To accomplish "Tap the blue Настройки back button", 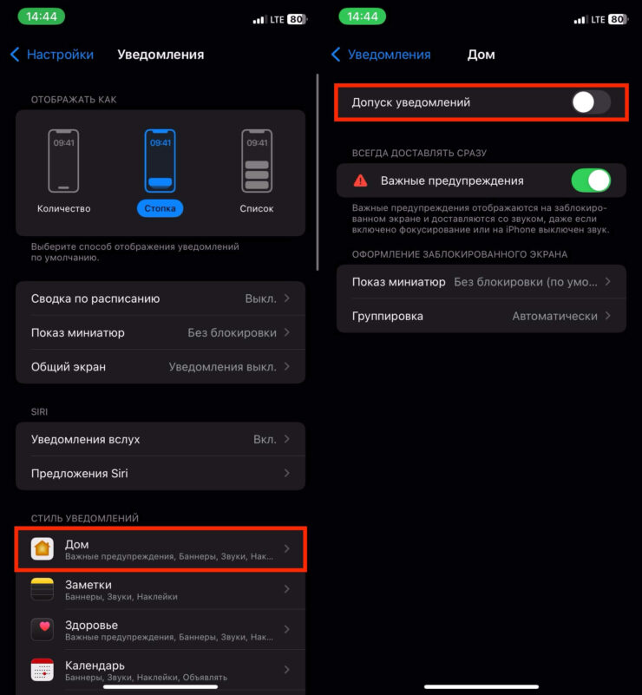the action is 52,55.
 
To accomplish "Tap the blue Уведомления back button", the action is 381,55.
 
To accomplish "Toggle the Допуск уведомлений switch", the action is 591,102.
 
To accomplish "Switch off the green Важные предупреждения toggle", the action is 591,180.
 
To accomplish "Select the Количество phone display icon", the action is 63,161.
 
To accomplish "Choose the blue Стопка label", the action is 160,208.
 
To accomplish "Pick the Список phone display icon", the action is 257,161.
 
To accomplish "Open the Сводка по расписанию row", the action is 160,298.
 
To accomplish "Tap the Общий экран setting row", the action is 160,366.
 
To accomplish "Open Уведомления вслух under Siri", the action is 160,439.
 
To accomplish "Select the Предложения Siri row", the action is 160,474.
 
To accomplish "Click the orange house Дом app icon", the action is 43,548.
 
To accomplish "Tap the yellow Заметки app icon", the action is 43,589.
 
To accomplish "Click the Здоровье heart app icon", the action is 43,629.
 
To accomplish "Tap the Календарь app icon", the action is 43,670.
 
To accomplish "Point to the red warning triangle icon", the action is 360,180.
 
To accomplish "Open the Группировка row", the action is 481,316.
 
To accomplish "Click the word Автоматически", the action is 554,316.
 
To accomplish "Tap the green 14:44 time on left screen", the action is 41,16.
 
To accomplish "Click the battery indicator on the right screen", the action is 618,19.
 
